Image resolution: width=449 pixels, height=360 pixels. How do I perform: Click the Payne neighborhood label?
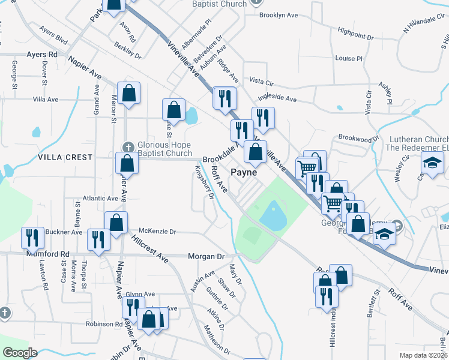[244, 172]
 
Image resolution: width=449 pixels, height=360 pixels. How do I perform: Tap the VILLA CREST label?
[65, 157]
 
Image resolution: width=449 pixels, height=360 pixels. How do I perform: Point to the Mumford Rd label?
[49, 254]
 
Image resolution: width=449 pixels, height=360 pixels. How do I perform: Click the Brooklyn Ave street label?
[280, 16]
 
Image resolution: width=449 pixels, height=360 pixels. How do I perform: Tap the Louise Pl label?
[349, 59]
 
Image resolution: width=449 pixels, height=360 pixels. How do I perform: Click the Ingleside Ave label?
[277, 98]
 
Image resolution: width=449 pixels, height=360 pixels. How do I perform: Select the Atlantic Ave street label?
[101, 198]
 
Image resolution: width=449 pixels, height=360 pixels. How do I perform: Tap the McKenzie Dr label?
[157, 231]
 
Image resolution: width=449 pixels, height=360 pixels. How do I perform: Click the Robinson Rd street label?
[104, 324]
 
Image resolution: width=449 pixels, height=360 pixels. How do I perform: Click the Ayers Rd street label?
[41, 54]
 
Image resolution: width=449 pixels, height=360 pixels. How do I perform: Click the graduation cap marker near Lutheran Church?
[432, 163]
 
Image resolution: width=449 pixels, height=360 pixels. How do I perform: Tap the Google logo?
[20, 353]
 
